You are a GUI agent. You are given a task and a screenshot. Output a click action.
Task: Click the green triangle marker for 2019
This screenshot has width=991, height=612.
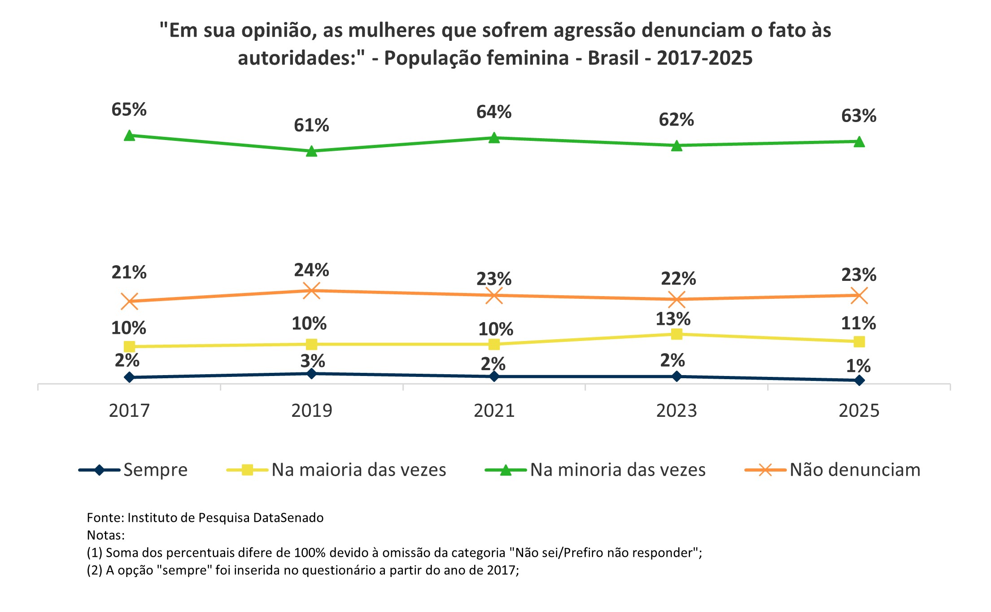pyautogui.click(x=311, y=151)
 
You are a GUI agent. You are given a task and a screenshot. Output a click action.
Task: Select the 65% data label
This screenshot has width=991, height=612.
pyautogui.click(x=129, y=109)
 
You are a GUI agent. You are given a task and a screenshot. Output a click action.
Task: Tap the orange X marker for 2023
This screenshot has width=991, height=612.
pyautogui.click(x=677, y=299)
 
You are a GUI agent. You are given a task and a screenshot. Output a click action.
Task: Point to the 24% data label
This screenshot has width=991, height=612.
pyautogui.click(x=311, y=270)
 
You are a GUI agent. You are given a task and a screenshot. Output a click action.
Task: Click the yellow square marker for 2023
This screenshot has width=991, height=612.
pyautogui.click(x=677, y=334)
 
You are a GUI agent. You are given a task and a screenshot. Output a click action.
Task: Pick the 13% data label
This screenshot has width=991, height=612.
pyautogui.click(x=673, y=319)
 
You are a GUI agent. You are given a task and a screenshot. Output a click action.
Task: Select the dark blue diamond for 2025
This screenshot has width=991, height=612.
pyautogui.click(x=859, y=380)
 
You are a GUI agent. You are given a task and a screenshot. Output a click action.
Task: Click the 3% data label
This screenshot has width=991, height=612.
pyautogui.click(x=313, y=361)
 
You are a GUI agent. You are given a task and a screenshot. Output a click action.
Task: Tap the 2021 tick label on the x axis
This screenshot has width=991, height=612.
pyautogui.click(x=494, y=411)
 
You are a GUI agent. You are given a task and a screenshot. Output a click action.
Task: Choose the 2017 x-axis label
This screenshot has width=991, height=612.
pyautogui.click(x=129, y=411)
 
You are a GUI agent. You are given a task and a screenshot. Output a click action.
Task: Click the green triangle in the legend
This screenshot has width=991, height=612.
pyautogui.click(x=506, y=470)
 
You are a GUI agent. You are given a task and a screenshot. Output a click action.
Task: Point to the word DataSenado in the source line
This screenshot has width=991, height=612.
pyautogui.click(x=288, y=518)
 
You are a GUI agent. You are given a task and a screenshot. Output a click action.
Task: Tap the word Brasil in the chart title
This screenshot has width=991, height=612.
pyautogui.click(x=613, y=58)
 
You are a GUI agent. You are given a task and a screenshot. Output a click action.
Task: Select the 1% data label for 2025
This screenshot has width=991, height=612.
pyautogui.click(x=858, y=366)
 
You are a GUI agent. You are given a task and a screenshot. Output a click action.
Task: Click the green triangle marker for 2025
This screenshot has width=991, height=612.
pyautogui.click(x=859, y=142)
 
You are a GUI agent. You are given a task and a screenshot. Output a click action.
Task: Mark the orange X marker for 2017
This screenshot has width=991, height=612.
pyautogui.click(x=129, y=302)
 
